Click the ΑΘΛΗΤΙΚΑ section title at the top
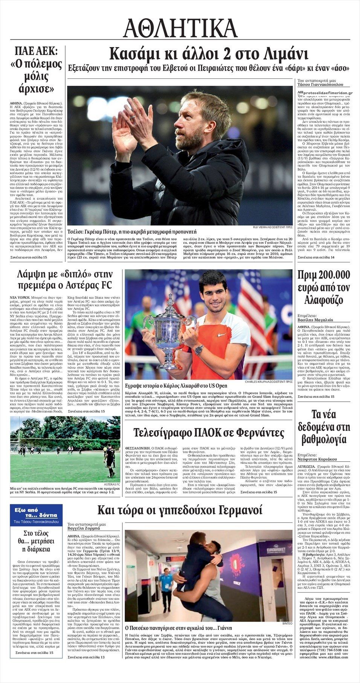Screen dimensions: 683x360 [x=180, y=29]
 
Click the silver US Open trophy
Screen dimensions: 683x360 [x=169, y=332]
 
